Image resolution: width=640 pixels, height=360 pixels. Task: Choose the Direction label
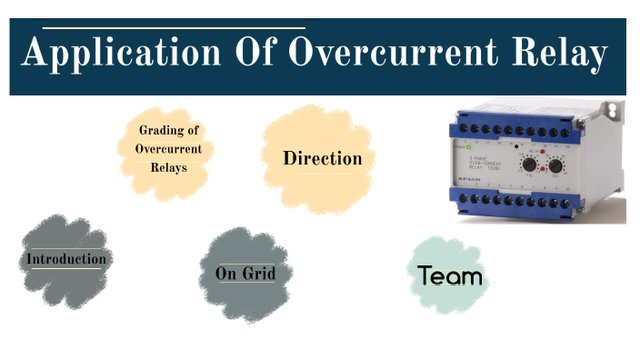pos(322,158)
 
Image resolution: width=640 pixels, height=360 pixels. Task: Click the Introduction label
pos(65,259)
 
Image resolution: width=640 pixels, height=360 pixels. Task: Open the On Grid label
pos(245,274)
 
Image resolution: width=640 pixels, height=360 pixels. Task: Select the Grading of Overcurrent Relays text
pos(168,148)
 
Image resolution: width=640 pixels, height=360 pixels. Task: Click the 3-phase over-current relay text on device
pos(487,161)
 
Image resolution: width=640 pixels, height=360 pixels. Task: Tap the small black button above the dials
pos(515,146)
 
